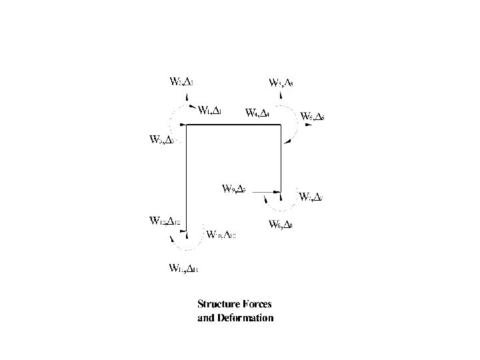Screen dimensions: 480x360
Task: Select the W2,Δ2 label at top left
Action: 181,82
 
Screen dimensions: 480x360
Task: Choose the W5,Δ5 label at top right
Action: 281,83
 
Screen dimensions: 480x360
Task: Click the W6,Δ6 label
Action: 313,116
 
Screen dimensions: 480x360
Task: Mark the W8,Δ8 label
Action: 281,224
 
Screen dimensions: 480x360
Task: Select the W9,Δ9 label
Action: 234,189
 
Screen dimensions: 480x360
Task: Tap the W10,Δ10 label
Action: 221,235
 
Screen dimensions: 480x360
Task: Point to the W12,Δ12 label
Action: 165,221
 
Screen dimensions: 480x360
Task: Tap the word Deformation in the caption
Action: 245,318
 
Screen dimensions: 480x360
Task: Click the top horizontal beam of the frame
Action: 233,127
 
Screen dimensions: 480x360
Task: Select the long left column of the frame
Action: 186,180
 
